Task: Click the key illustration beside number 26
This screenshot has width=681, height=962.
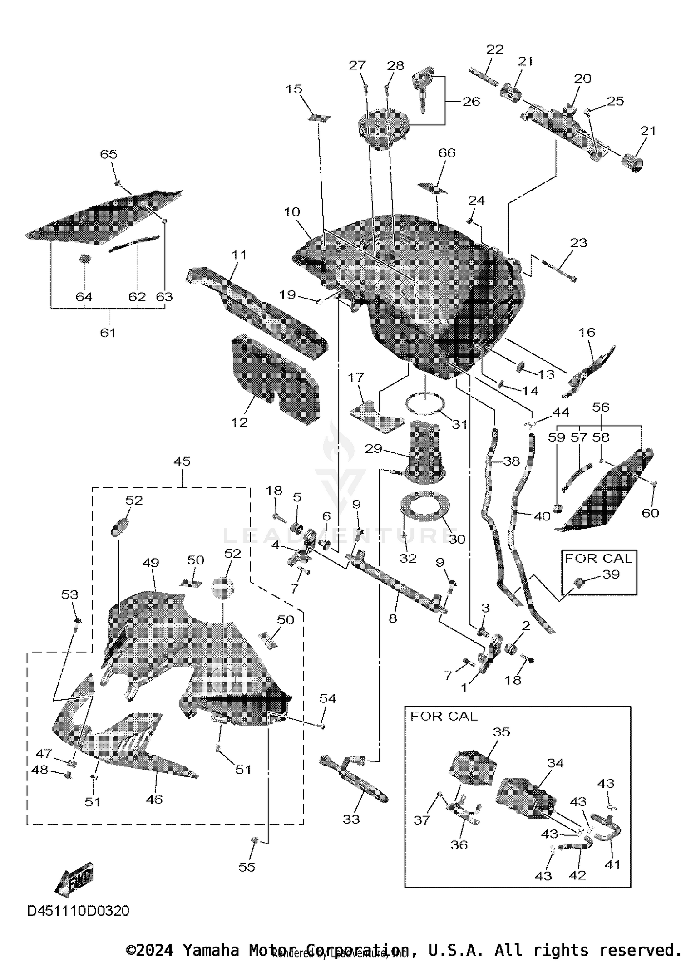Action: coord(423,91)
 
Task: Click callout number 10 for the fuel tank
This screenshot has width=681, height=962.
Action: coord(292,212)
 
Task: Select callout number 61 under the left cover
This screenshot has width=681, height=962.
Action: coord(108,333)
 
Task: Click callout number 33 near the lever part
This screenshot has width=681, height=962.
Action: coord(351,819)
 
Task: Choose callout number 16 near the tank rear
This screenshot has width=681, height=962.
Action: coord(587,332)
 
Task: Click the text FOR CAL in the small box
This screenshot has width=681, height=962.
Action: coord(598,558)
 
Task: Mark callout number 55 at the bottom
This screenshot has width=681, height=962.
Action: coord(247,867)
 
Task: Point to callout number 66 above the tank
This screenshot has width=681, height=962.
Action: coord(447,153)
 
